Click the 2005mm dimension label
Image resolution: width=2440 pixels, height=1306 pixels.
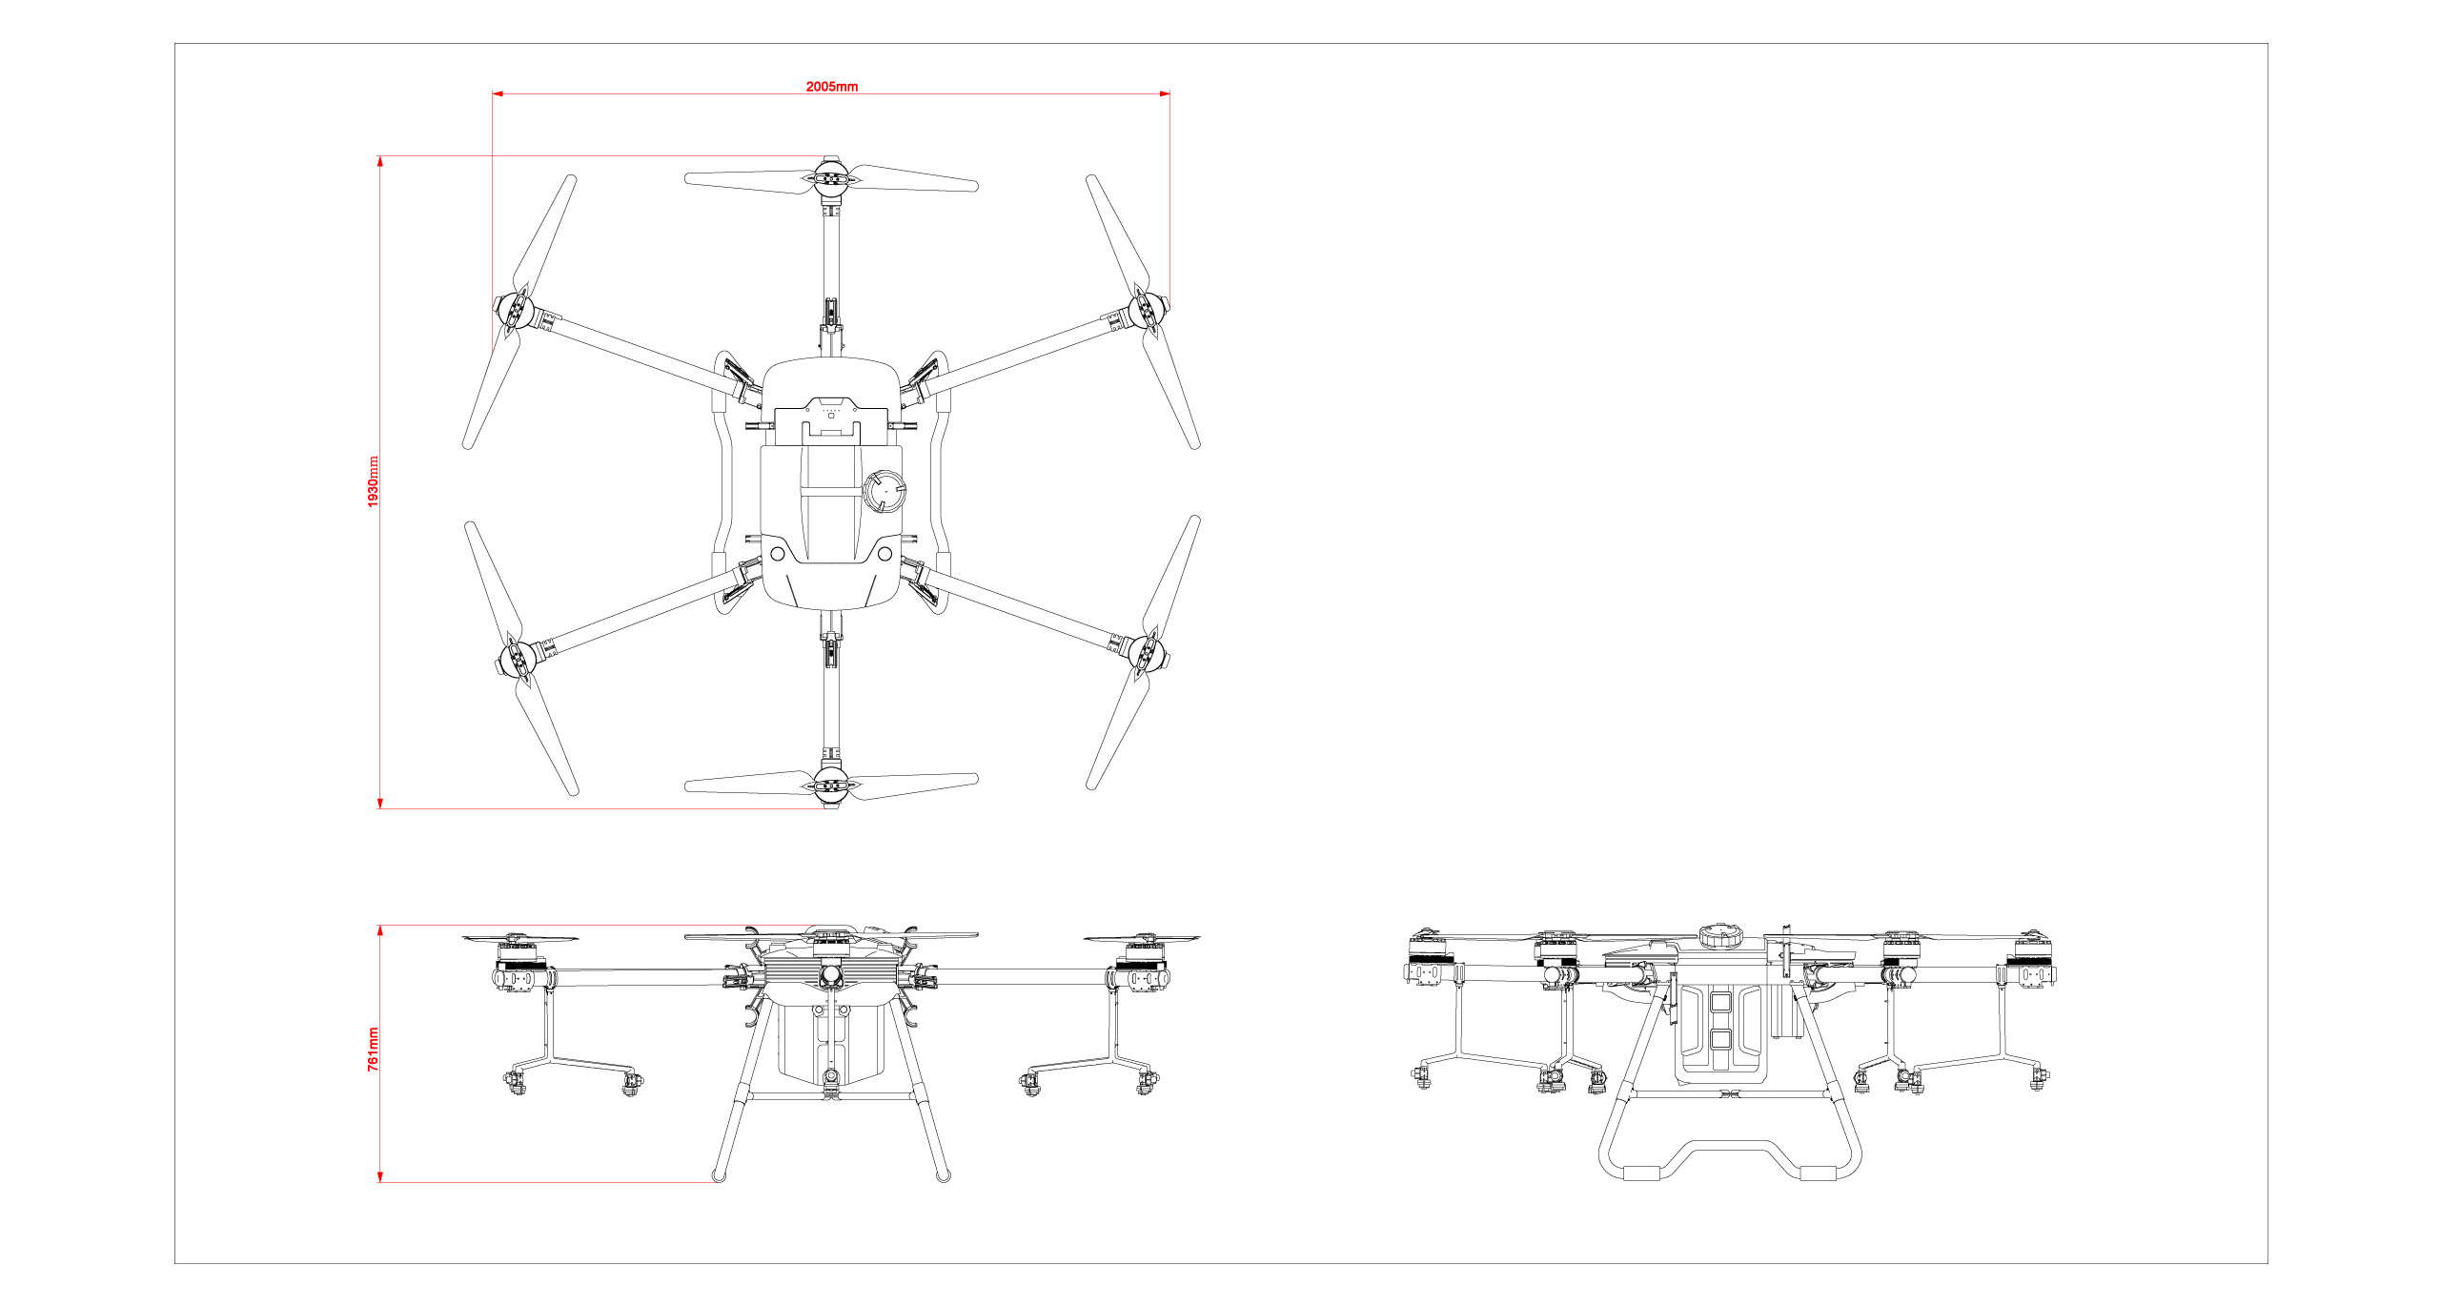point(831,86)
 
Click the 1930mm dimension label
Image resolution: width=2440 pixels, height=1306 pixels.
point(373,481)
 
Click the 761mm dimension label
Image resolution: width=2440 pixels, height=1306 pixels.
point(373,1049)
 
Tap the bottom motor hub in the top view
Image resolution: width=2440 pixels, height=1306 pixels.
point(831,785)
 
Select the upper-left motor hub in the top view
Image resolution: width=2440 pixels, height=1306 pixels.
point(516,310)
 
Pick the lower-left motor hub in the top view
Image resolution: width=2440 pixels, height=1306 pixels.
point(516,657)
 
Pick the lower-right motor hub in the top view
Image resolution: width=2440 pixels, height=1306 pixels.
point(1147,654)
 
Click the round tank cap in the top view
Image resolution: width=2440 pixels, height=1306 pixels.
point(884,491)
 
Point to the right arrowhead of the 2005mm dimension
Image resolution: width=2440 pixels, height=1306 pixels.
point(1165,93)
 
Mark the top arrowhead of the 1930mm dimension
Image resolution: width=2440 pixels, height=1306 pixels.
point(380,161)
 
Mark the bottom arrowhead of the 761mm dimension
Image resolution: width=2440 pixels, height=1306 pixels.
point(380,1177)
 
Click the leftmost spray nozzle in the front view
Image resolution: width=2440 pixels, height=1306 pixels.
point(514,1081)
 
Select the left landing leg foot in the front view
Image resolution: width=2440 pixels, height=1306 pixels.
point(718,1176)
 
